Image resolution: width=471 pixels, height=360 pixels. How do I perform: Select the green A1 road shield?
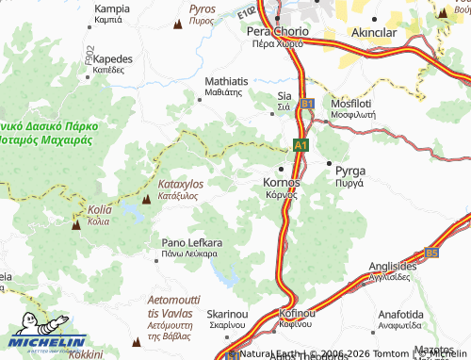coord(300,146)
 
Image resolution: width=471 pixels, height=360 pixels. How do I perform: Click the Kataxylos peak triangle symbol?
coord(146,199)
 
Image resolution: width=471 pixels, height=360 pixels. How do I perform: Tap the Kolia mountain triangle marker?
coord(76,223)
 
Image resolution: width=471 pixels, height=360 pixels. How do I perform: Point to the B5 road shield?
coord(431,253)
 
